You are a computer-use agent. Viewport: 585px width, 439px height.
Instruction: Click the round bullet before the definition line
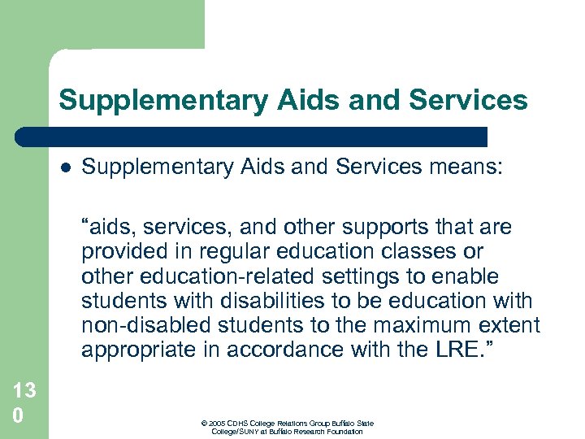[x=65, y=168]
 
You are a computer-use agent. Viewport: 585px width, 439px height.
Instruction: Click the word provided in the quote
[x=122, y=252]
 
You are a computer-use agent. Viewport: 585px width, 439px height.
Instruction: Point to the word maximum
[x=423, y=326]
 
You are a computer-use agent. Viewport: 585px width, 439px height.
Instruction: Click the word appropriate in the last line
[x=139, y=350]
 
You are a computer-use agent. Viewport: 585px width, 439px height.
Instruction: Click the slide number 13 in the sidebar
[x=24, y=391]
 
